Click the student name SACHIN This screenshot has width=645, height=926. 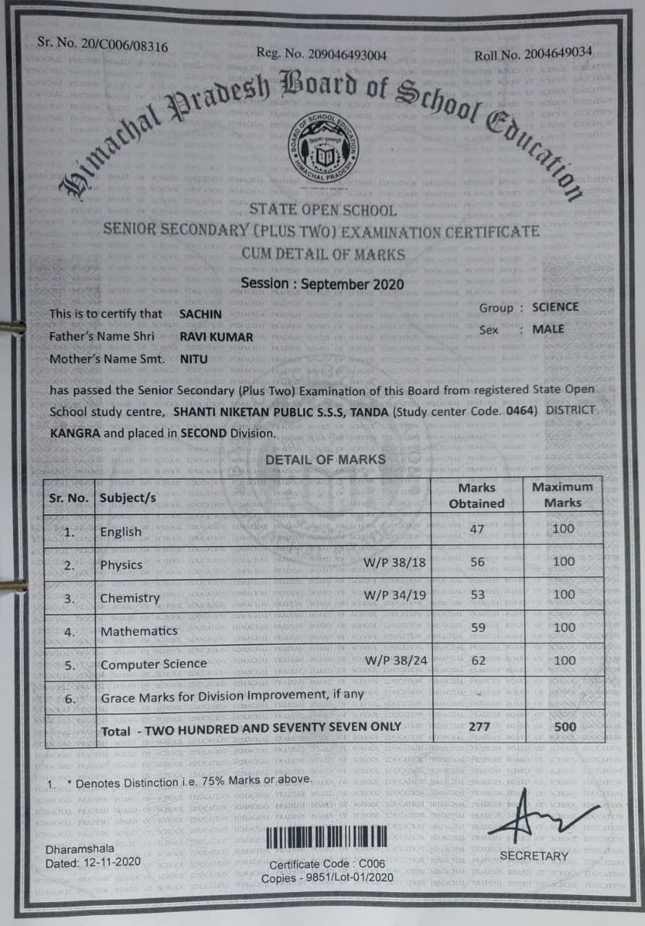point(201,314)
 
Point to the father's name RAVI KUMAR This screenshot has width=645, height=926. point(216,336)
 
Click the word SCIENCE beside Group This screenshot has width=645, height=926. point(555,307)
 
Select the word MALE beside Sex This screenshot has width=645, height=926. point(548,329)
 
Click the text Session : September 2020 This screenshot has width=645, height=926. point(322,284)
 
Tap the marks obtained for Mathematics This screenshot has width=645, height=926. point(478,628)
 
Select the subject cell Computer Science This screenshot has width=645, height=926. point(153,663)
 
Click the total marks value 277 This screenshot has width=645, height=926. point(479,726)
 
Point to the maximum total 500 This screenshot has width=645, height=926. point(564,726)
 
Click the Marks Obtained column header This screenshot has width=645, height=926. point(476,496)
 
